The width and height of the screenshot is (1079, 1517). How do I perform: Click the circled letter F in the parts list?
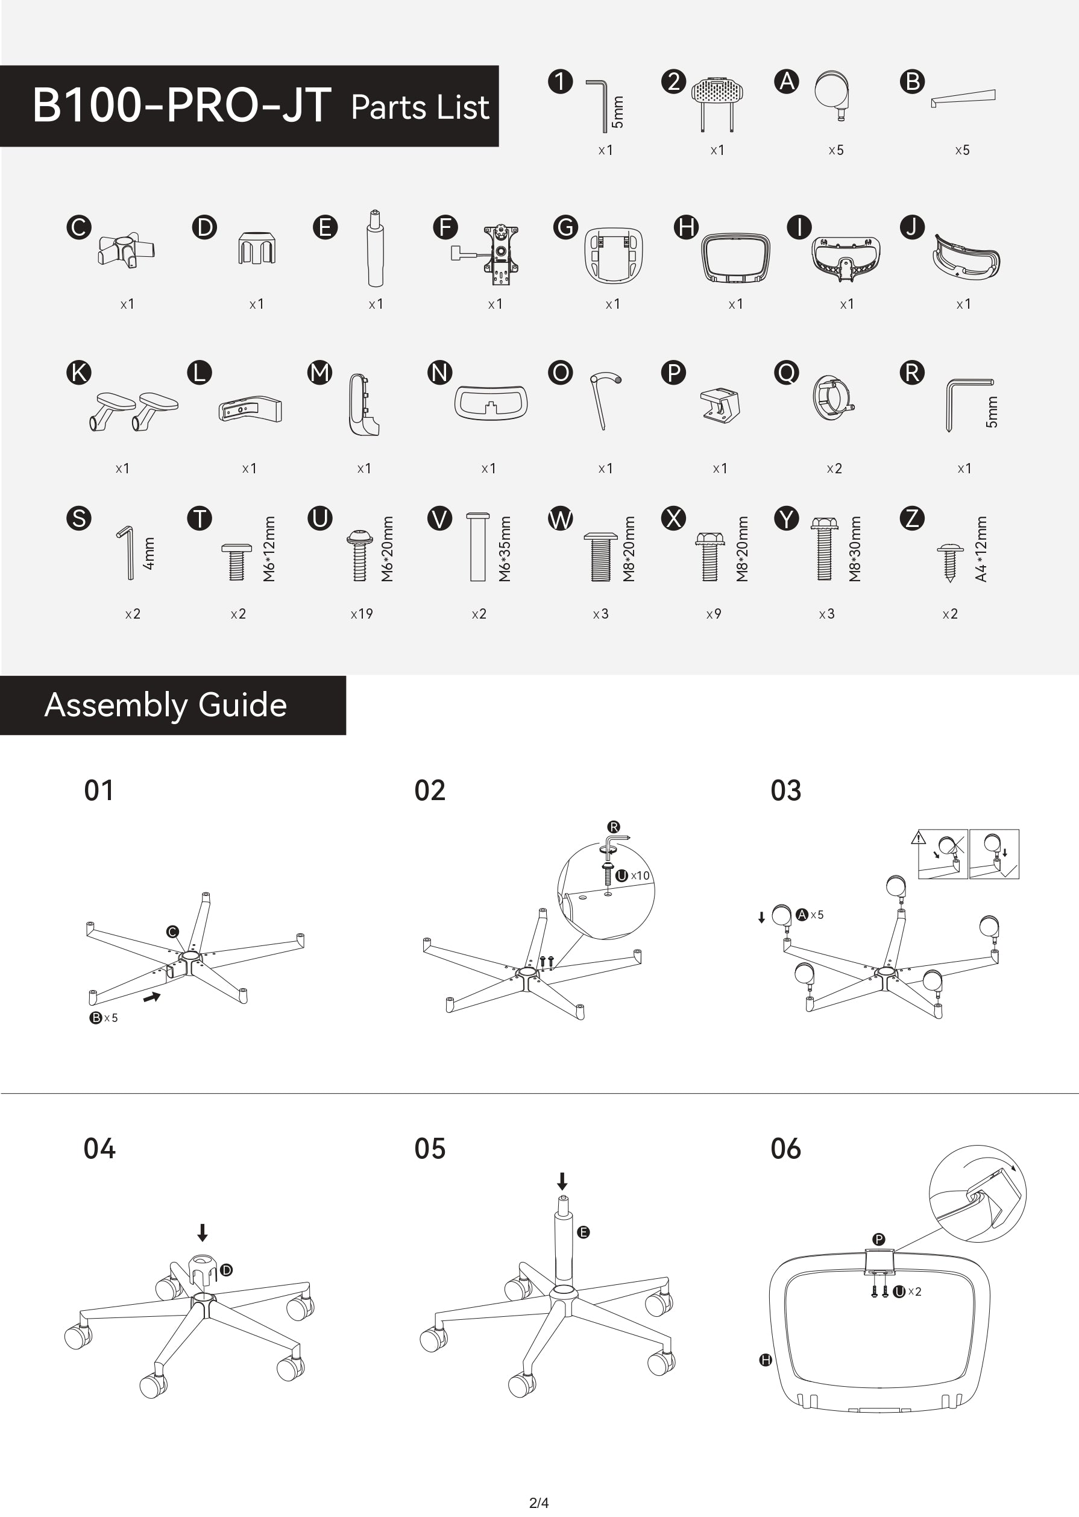[445, 227]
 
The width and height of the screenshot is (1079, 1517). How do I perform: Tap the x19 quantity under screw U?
[362, 614]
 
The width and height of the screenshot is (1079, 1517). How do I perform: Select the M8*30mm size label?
[855, 549]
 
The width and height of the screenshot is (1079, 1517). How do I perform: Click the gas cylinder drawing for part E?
[376, 248]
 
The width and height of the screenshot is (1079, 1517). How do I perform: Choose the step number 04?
[99, 1148]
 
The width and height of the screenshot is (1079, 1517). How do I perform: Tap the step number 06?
[786, 1148]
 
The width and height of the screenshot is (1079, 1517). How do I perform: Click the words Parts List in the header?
[420, 107]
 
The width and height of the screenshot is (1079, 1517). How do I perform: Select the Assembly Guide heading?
[165, 704]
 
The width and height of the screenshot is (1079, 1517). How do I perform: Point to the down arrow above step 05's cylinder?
[562, 1181]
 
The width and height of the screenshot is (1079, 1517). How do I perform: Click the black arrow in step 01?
[152, 997]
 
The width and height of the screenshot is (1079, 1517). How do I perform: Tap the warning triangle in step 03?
[918, 837]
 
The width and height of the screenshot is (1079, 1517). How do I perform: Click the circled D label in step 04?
[226, 1270]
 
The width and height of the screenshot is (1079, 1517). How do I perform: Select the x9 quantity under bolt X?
[714, 614]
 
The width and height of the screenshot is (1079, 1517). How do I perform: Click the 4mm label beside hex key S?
[149, 553]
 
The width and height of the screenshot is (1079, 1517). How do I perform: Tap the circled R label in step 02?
[613, 827]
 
